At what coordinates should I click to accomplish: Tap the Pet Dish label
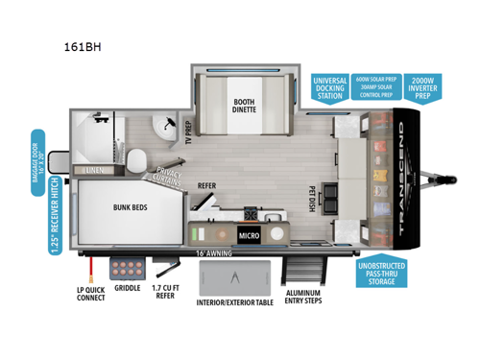[313, 197]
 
